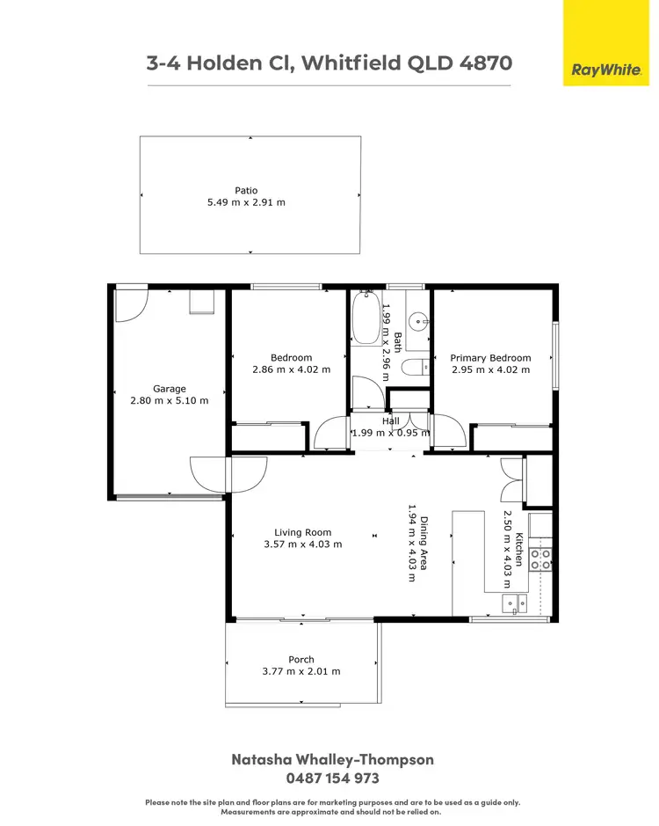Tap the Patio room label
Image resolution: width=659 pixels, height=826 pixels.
pos(245,190)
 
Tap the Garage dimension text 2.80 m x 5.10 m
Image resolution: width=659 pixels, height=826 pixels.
pos(169,400)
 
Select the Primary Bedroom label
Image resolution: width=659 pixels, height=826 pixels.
pos(490,358)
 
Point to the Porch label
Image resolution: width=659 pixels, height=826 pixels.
pos(301,659)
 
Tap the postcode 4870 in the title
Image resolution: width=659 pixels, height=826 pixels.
pos(482,63)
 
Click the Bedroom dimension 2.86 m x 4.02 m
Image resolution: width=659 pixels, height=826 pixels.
pos(291,369)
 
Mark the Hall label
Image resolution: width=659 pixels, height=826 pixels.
pos(390,420)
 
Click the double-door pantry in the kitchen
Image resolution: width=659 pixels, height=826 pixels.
pos(512,479)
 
